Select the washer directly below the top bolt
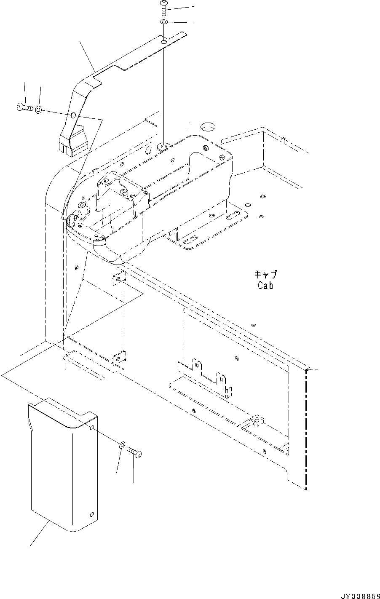tap(164, 21)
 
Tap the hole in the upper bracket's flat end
tap(163, 42)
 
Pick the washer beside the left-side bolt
tap(38, 110)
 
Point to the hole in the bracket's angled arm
tap(73, 115)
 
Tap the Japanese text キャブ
tap(265, 275)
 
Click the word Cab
tap(265, 285)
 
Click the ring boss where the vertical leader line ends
tap(163, 147)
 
